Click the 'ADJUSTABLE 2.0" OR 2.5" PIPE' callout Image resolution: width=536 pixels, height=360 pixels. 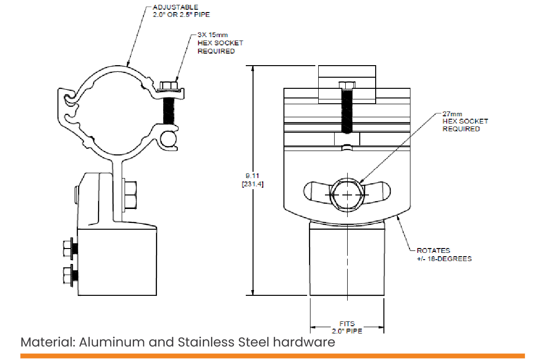tap(181, 11)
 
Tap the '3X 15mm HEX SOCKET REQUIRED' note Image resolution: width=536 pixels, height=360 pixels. tap(220, 43)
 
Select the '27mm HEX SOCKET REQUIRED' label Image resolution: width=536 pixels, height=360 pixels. tap(465, 121)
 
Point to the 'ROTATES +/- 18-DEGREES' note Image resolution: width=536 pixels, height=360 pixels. tap(444, 254)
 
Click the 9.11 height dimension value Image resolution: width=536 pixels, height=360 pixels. tap(252, 176)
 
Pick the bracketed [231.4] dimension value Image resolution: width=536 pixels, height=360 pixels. tap(253, 184)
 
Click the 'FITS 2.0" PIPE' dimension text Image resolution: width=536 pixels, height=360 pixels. tap(347, 327)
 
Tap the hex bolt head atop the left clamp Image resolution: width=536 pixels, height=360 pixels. tap(169, 85)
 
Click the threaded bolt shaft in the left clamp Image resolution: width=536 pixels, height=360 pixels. tap(169, 111)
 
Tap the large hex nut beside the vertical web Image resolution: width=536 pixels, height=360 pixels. tap(129, 194)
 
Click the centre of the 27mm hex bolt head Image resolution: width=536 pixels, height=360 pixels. tap(347, 194)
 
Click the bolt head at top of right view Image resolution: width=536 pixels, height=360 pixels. tap(347, 85)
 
